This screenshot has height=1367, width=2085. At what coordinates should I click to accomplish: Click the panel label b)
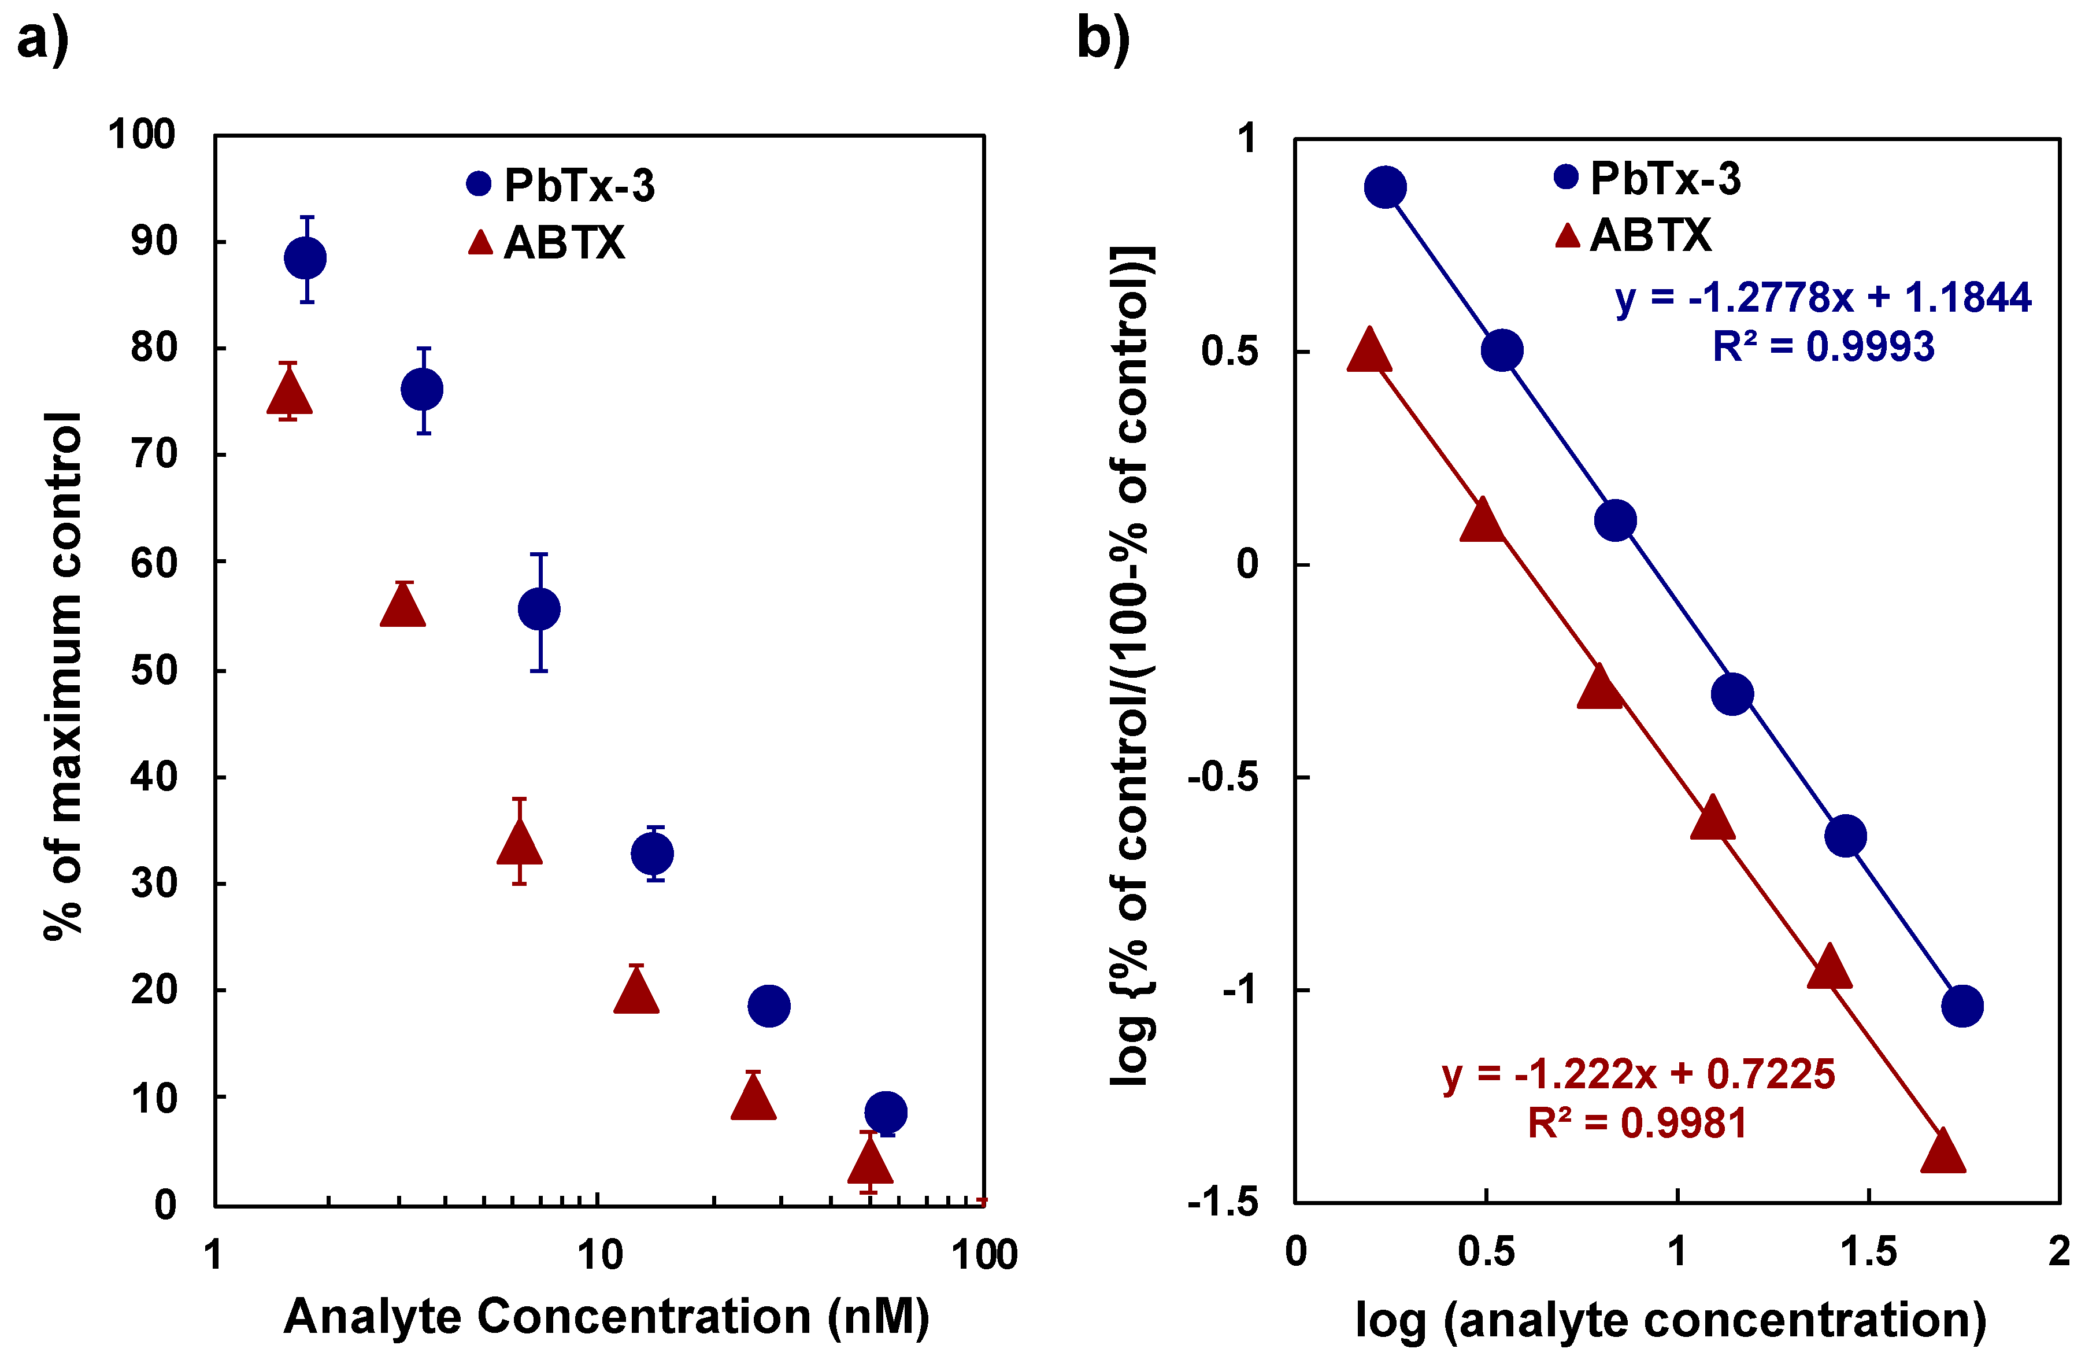[x=1103, y=39]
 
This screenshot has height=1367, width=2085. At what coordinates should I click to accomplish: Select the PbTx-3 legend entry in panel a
[x=561, y=185]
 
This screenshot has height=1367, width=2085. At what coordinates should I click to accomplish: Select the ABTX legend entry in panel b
[x=1633, y=235]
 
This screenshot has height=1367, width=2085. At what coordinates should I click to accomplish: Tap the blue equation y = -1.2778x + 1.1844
[x=1822, y=298]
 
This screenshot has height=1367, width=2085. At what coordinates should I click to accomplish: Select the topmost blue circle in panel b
[x=1385, y=187]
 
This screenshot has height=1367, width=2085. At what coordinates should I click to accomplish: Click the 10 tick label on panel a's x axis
[x=600, y=1255]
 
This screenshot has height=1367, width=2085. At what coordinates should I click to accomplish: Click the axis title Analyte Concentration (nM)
[x=606, y=1317]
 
